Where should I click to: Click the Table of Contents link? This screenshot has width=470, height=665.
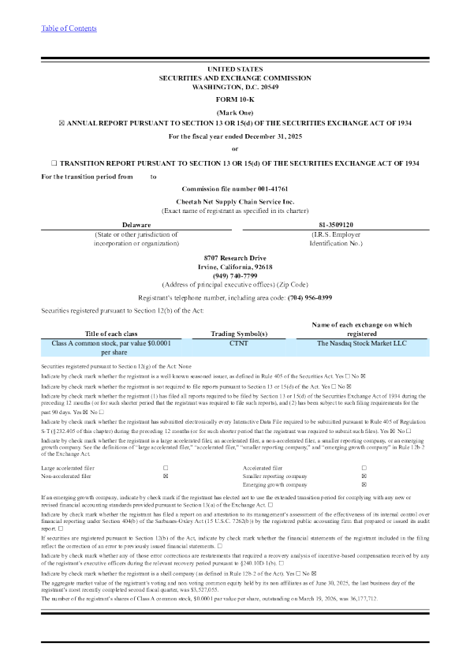[x=69, y=28]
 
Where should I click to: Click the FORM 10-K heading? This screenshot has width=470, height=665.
[x=235, y=100]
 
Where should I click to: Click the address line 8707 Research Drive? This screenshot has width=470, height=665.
[x=235, y=258]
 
